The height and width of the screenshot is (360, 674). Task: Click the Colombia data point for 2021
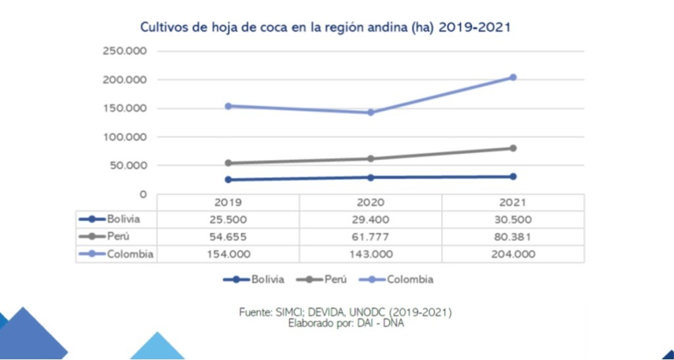(x=513, y=78)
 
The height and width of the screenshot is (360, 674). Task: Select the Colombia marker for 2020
(x=371, y=113)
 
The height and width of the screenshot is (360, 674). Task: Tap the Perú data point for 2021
(x=513, y=148)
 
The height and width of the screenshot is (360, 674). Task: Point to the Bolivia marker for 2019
(x=228, y=180)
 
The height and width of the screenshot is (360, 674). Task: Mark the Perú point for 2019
(x=228, y=163)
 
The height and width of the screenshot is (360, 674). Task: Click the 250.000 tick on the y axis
(x=124, y=51)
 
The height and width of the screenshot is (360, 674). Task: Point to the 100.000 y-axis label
(x=124, y=137)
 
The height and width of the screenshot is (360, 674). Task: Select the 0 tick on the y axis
(x=143, y=194)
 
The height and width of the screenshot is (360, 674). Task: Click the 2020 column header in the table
(x=371, y=203)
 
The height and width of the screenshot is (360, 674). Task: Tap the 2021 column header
(x=513, y=203)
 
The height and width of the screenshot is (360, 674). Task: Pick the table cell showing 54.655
(x=228, y=237)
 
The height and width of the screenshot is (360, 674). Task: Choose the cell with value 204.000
(x=513, y=254)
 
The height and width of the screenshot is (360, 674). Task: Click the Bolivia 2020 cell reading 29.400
(x=371, y=220)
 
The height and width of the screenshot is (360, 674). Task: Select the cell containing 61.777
(x=371, y=237)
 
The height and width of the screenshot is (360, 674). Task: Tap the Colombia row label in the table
(x=130, y=254)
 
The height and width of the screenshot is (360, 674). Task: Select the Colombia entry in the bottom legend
(x=409, y=279)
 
